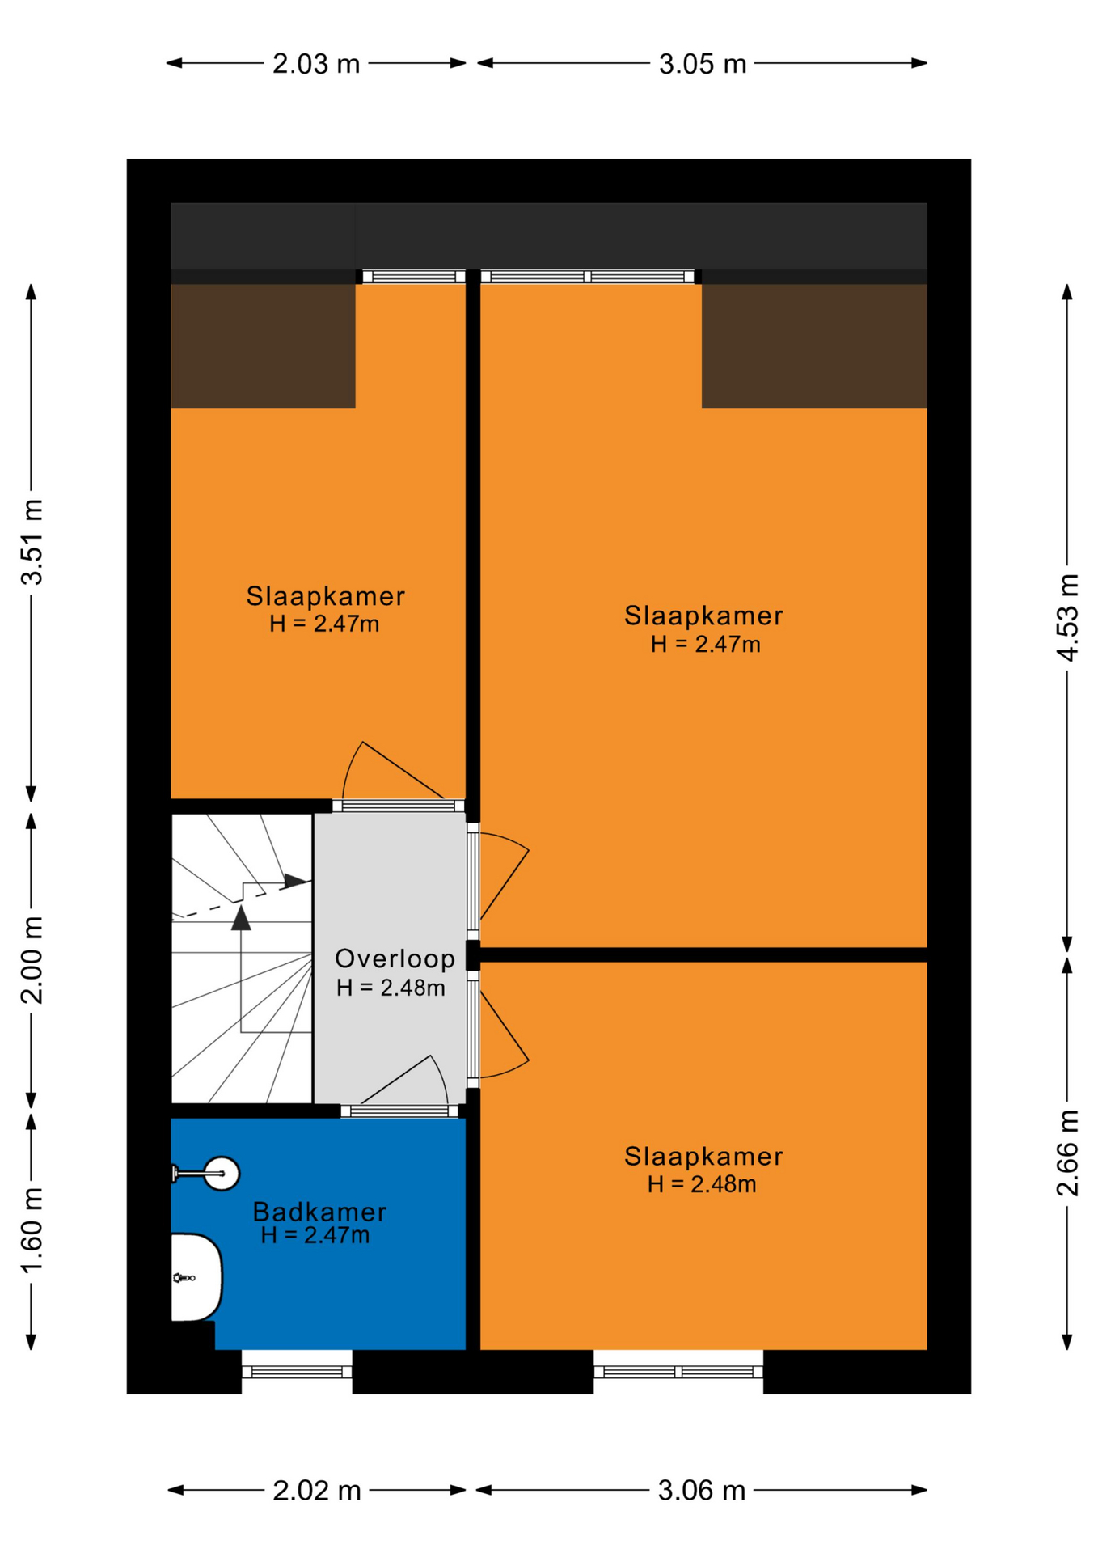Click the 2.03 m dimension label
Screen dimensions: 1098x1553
[316, 64]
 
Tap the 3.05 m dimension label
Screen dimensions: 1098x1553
[703, 64]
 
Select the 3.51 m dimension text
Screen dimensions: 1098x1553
[32, 542]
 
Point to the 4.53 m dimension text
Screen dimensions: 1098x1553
[1068, 617]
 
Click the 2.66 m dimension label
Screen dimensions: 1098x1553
[1068, 1153]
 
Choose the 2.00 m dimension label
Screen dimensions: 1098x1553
[32, 960]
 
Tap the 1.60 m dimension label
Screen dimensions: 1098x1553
[32, 1230]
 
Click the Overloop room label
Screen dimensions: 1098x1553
[395, 958]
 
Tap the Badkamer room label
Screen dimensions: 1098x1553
[319, 1212]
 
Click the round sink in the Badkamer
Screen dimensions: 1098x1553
[220, 1173]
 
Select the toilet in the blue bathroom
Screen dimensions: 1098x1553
[196, 1277]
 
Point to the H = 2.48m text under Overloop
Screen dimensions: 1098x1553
[391, 988]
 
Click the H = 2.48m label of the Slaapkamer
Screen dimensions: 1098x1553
[702, 1184]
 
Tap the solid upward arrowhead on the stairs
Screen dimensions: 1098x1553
[241, 918]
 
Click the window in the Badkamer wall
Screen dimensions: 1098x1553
[297, 1372]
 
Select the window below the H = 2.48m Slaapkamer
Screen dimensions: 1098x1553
[678, 1372]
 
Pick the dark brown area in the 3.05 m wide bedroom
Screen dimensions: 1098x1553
[814, 346]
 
